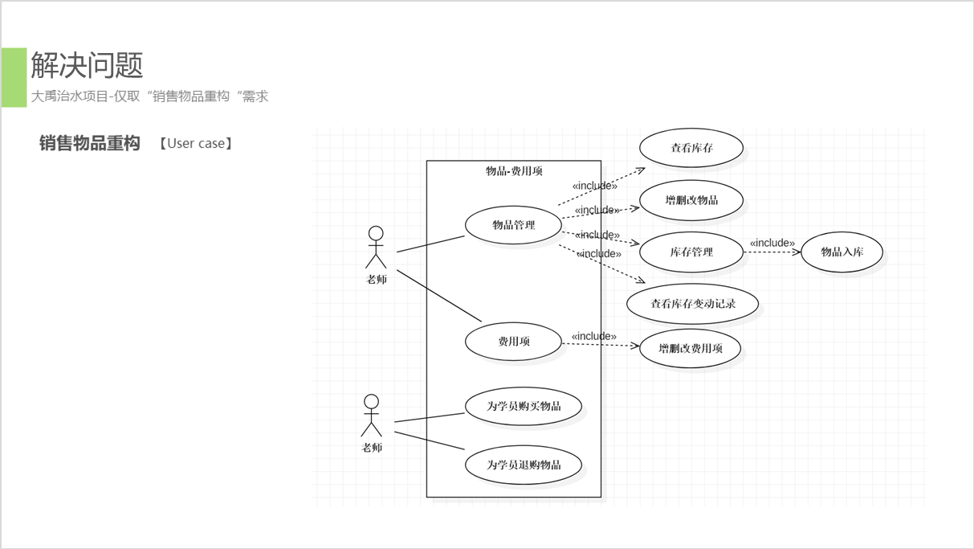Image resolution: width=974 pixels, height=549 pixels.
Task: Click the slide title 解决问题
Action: coord(87,65)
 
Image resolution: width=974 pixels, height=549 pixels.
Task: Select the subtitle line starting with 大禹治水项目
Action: coord(149,96)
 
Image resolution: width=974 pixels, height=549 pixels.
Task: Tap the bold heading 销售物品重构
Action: coord(90,143)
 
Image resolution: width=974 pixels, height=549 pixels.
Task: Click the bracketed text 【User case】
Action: coord(195,144)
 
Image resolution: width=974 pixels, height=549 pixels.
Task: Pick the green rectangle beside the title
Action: coord(14,77)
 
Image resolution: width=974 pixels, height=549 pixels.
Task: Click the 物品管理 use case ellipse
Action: coord(513,225)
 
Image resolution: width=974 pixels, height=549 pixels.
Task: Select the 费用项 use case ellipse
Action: coord(513,342)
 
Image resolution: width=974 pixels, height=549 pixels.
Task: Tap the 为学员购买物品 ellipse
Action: coord(524,406)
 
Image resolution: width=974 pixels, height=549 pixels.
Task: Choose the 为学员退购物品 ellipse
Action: coord(524,465)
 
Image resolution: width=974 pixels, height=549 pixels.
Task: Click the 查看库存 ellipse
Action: coord(691,148)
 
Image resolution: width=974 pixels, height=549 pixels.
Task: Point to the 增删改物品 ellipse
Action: coord(691,200)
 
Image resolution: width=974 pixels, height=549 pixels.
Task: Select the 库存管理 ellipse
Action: coord(691,252)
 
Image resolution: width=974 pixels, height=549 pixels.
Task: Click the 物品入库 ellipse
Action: coord(842,252)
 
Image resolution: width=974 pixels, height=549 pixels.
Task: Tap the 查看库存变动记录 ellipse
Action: coord(692,304)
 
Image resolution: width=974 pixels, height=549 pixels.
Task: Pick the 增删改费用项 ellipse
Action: coord(690,349)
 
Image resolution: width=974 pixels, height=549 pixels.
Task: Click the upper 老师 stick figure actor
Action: coord(376,248)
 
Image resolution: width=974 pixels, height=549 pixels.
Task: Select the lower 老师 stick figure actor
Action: coord(371,415)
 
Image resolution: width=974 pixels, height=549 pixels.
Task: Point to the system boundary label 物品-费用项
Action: coord(514,170)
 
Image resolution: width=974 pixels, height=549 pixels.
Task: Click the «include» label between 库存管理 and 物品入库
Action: coord(772,243)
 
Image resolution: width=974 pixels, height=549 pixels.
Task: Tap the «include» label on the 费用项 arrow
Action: coord(594,336)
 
